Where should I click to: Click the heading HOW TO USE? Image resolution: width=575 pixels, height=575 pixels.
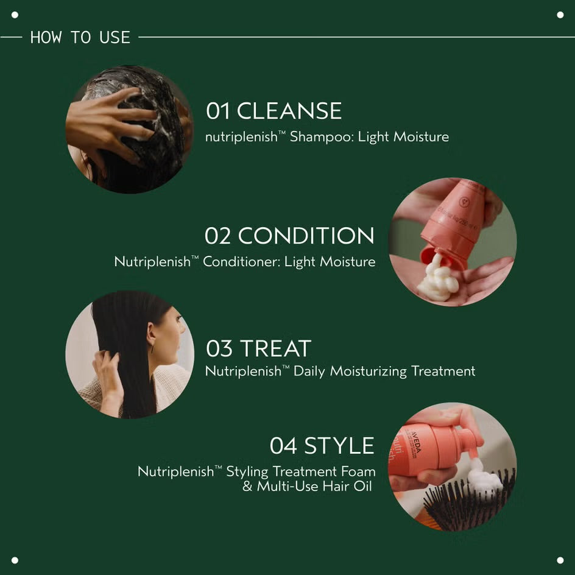click(80, 37)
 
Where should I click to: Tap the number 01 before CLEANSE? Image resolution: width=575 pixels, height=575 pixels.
click(218, 111)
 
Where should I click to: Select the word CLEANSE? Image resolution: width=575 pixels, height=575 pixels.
click(289, 111)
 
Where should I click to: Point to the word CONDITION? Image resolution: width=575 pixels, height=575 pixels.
click(306, 236)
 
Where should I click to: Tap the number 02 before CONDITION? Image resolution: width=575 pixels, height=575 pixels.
click(217, 236)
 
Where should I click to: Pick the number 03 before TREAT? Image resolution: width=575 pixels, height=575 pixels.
click(219, 349)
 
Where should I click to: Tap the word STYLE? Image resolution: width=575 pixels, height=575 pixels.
click(339, 446)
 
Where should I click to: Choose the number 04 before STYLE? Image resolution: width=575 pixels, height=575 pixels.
click(283, 446)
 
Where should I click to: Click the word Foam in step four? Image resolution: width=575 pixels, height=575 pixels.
click(359, 471)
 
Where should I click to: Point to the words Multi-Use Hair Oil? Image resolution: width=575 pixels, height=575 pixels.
click(314, 487)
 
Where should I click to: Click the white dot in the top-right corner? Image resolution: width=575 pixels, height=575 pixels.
click(560, 15)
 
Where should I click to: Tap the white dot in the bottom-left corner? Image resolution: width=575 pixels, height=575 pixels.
click(15, 560)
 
